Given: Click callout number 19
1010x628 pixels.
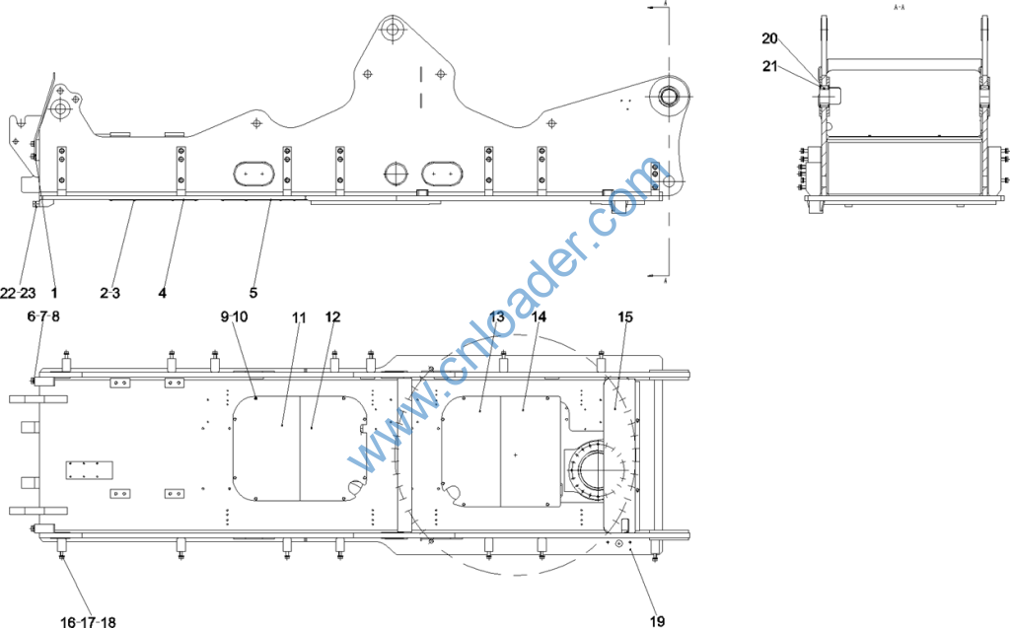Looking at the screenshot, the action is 657,621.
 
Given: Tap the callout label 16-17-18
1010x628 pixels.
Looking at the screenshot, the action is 88,621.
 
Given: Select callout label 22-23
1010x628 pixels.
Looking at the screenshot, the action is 18,293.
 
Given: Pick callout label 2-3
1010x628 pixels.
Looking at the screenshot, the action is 110,293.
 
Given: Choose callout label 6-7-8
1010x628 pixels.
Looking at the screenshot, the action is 43,316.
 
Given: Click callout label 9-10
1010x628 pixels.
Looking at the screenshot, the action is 234,316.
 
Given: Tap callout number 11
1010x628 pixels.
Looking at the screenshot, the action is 299,316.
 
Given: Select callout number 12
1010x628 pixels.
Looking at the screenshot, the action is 332,316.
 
